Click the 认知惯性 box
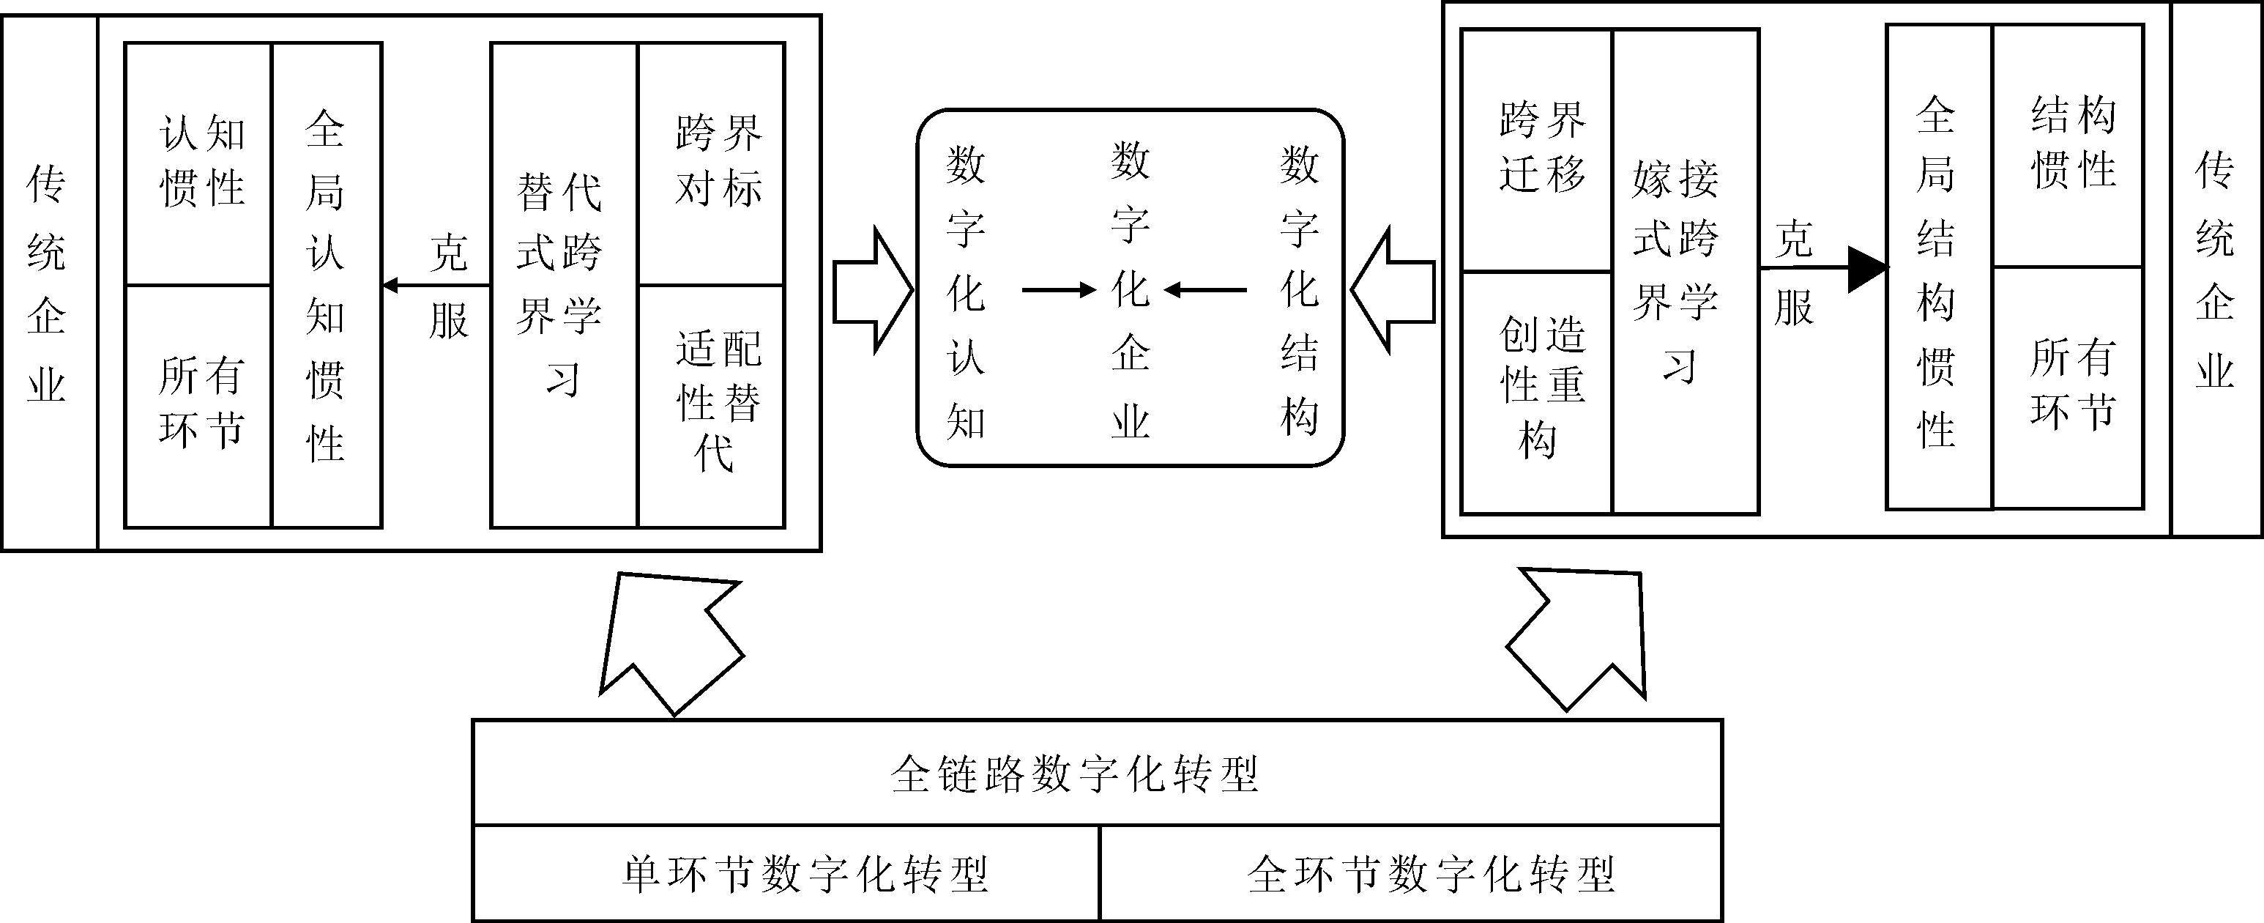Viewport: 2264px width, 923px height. click(x=198, y=163)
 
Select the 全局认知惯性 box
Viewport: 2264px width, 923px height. click(x=326, y=285)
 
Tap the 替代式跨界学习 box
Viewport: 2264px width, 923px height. click(x=562, y=285)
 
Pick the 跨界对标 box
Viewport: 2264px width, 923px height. click(x=712, y=163)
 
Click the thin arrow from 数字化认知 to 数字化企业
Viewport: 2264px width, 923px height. click(x=1058, y=290)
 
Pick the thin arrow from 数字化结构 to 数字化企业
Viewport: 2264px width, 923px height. click(x=1206, y=290)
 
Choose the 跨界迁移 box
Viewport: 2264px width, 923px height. click(x=1536, y=149)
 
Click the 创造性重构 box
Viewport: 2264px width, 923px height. click(x=1536, y=391)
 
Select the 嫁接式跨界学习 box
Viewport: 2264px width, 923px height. click(x=1686, y=271)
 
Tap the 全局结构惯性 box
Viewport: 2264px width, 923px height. click(x=1939, y=267)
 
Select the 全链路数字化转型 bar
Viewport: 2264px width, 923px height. click(x=1097, y=773)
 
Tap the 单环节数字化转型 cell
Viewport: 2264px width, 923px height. click(x=786, y=873)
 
